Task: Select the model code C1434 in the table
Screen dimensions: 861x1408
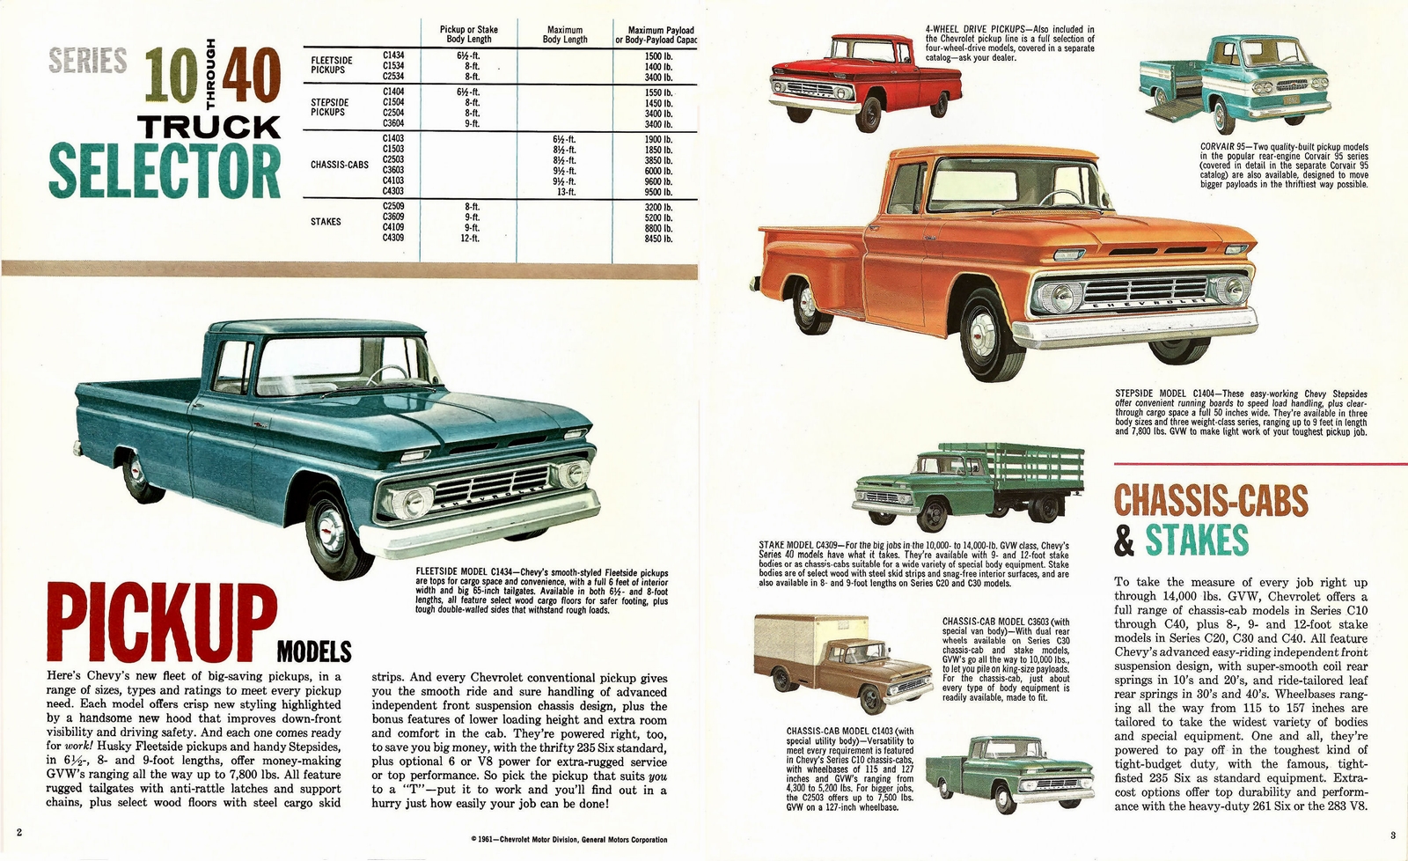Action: click(393, 55)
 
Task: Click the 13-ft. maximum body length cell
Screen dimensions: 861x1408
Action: click(564, 191)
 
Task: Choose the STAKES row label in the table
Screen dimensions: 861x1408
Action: click(326, 222)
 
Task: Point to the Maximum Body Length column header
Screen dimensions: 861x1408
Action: click(564, 34)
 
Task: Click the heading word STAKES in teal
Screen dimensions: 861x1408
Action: click(1197, 540)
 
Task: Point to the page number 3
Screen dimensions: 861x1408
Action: click(1393, 834)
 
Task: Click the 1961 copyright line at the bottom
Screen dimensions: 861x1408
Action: click(569, 840)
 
